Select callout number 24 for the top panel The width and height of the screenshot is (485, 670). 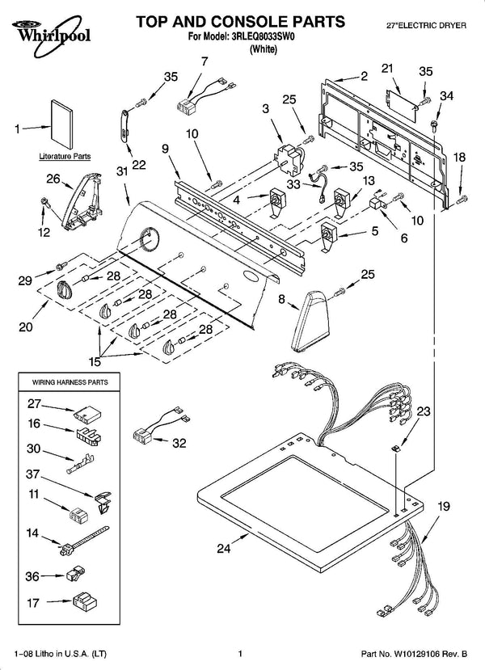(x=223, y=548)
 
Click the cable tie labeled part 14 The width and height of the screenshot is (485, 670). (x=84, y=541)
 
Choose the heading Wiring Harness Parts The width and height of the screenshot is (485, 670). (x=70, y=382)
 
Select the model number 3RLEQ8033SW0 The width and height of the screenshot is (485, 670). (x=264, y=36)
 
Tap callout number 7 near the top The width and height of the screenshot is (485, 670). (x=205, y=61)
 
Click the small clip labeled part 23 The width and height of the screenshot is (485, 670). (x=396, y=449)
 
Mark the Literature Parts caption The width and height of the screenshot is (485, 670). (x=65, y=157)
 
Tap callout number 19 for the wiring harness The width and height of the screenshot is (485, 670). (x=444, y=507)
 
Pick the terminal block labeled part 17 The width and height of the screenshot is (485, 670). (x=85, y=601)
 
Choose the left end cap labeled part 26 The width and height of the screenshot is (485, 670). (x=82, y=200)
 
